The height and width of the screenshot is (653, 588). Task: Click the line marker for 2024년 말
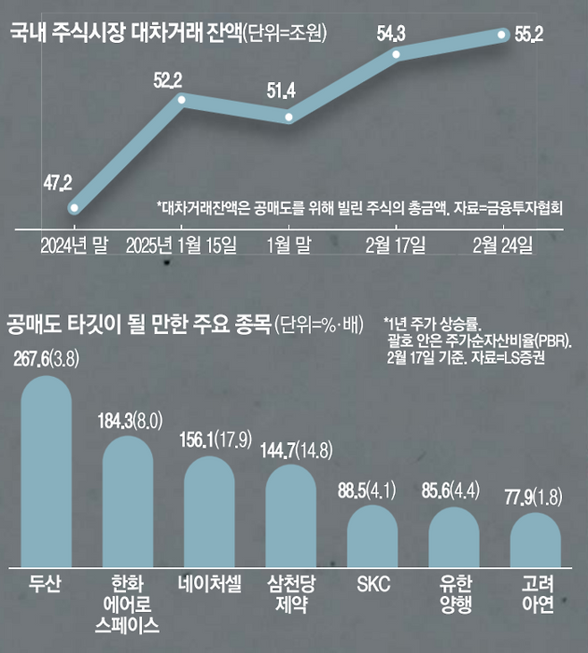(74, 209)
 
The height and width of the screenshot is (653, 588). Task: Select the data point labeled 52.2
(181, 100)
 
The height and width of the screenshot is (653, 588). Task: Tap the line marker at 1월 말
(288, 116)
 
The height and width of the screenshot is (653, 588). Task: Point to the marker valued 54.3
(394, 54)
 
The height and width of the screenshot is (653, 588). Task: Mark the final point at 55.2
(503, 35)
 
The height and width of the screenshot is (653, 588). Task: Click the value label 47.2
(57, 184)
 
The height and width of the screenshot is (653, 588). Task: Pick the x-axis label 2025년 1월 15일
(182, 244)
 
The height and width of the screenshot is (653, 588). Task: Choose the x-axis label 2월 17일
(396, 244)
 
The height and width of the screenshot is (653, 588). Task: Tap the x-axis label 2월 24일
(503, 244)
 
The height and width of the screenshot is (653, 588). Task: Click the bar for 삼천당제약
(291, 515)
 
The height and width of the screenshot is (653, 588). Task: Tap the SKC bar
(373, 536)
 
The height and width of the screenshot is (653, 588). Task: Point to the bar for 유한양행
(455, 537)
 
